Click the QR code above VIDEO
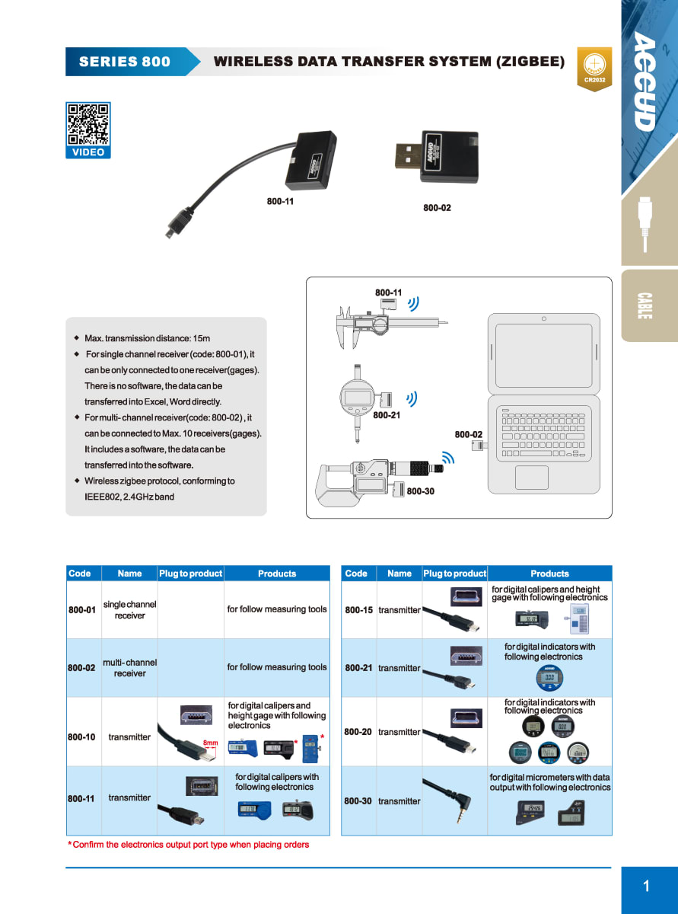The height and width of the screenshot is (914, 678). pyautogui.click(x=88, y=123)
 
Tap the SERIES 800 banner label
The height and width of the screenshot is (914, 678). pyautogui.click(x=125, y=62)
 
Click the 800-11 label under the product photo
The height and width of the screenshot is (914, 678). pyautogui.click(x=280, y=202)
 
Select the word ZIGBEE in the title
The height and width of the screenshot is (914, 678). pyautogui.click(x=530, y=62)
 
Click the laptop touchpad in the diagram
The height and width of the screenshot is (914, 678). pyautogui.click(x=531, y=478)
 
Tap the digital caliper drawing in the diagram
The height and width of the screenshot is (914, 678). pyautogui.click(x=384, y=325)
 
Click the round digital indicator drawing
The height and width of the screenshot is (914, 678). pyautogui.click(x=358, y=398)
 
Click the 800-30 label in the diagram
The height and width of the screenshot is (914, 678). pyautogui.click(x=420, y=491)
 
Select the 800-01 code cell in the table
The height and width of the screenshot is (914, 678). pyautogui.click(x=82, y=610)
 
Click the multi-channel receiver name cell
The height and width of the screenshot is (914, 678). pyautogui.click(x=129, y=668)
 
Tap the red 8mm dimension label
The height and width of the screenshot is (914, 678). pyautogui.click(x=211, y=743)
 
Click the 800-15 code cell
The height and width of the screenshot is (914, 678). pyautogui.click(x=358, y=610)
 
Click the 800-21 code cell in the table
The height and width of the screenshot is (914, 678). pyautogui.click(x=358, y=668)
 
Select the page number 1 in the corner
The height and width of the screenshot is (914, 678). pyautogui.click(x=647, y=886)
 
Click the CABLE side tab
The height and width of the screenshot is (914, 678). pyautogui.click(x=645, y=305)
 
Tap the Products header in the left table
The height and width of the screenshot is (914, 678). pyautogui.click(x=277, y=574)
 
